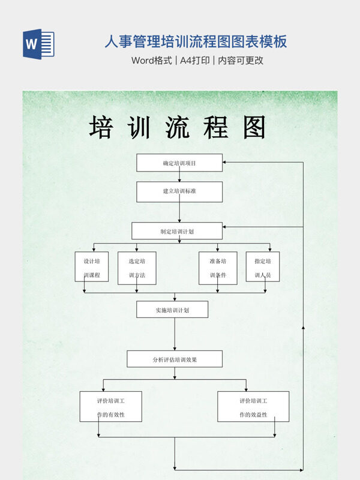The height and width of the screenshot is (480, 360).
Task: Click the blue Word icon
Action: click(38, 44)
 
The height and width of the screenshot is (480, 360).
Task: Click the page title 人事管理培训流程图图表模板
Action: click(196, 41)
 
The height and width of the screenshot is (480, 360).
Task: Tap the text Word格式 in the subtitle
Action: click(151, 61)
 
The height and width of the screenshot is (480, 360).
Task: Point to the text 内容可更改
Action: click(241, 61)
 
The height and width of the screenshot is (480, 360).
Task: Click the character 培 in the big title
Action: click(101, 128)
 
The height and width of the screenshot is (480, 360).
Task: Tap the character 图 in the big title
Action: click(254, 128)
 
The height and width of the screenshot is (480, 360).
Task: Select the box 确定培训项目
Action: click(179, 163)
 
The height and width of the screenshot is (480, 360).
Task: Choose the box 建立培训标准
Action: click(179, 191)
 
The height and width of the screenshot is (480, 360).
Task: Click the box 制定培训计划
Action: click(177, 231)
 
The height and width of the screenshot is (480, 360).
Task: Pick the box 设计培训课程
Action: click(92, 267)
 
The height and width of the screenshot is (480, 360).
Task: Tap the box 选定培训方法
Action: click(137, 268)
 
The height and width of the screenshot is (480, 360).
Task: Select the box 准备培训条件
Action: click(218, 268)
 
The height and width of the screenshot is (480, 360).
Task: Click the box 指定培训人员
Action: click(263, 267)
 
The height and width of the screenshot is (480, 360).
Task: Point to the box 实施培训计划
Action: click(172, 310)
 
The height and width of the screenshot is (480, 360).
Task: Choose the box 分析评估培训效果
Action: click(175, 359)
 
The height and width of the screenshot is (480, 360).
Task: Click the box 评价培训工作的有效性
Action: click(111, 407)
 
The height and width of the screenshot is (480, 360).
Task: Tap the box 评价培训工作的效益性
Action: click(253, 407)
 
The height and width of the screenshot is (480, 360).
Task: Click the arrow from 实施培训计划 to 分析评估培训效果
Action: click(175, 334)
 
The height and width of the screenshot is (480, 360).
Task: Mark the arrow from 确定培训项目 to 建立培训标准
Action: click(179, 176)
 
